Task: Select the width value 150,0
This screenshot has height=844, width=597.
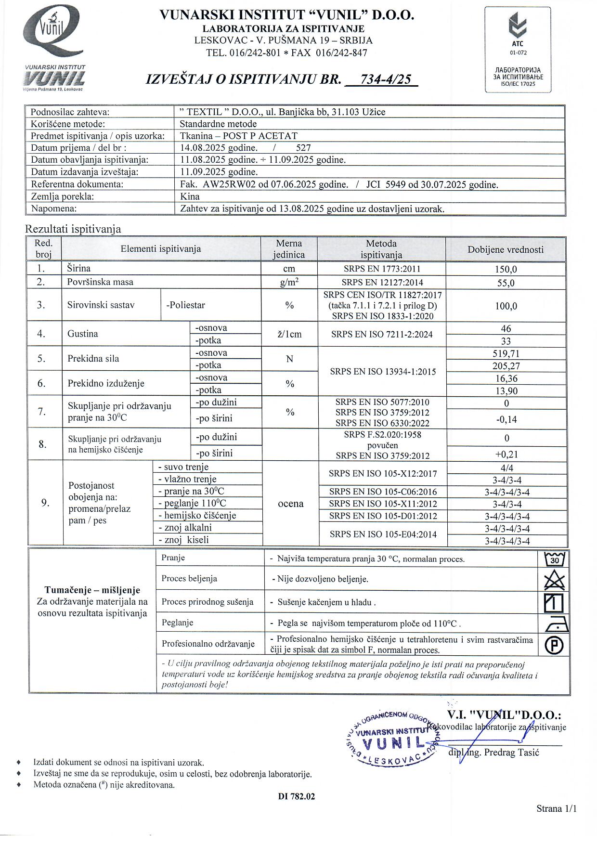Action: [x=506, y=270]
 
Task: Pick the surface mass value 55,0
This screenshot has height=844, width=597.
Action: [x=506, y=283]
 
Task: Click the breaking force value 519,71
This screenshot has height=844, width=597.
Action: [x=506, y=354]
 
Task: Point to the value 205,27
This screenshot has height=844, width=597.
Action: [x=506, y=366]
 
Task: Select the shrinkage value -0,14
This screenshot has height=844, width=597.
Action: [x=506, y=419]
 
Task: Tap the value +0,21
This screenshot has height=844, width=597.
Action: [x=506, y=454]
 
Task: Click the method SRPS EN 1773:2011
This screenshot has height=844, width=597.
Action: [x=381, y=269]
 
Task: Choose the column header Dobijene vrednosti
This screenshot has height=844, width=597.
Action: [x=506, y=249]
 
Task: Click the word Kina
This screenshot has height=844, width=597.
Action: [x=190, y=196]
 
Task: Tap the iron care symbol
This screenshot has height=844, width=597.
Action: [x=557, y=624]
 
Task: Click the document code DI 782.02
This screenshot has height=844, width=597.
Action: [x=296, y=797]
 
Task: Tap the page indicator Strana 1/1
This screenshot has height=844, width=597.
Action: [x=556, y=809]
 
